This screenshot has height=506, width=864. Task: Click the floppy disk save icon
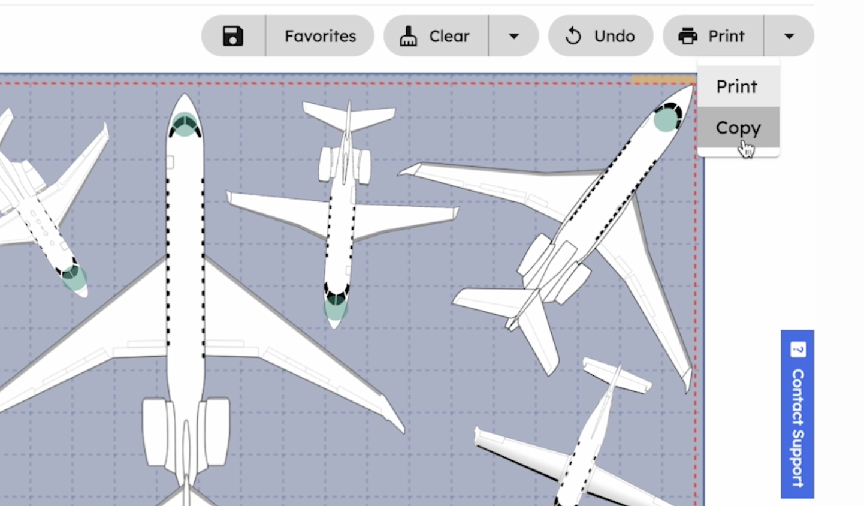point(232,36)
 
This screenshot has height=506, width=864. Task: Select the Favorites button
point(320,36)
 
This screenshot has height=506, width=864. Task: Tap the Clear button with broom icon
point(436,36)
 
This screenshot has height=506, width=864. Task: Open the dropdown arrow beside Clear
point(513,36)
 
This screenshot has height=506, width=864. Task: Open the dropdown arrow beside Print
point(789,36)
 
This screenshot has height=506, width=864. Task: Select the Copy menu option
point(738,127)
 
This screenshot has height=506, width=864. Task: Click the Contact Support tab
point(797,414)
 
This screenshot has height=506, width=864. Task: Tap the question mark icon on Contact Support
point(797,350)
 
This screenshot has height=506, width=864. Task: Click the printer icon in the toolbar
point(687,36)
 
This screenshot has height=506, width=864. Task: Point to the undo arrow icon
point(573,36)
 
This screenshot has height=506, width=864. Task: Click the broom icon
point(408,36)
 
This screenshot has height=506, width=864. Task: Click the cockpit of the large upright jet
point(185,124)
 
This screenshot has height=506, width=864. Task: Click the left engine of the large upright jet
point(155,432)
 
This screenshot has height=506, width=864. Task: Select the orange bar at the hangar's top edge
point(664,80)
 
